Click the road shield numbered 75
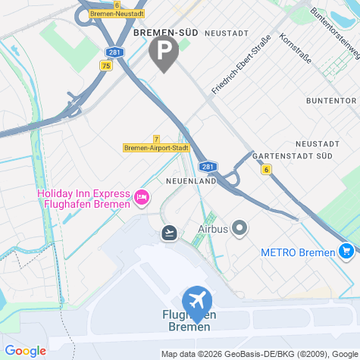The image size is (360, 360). pos(105,66)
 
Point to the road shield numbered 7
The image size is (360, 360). pos(156,139)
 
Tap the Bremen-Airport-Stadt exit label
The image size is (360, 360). pos(156,148)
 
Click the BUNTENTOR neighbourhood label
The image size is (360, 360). pos(330,101)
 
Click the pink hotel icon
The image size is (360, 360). pos(141,199)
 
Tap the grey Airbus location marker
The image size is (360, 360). pos(240,227)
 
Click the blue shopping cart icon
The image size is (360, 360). pos(346,251)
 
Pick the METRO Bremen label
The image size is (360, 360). pos(298,251)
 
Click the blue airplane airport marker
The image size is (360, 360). pos(197,298)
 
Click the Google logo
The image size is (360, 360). pos(25,350)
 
